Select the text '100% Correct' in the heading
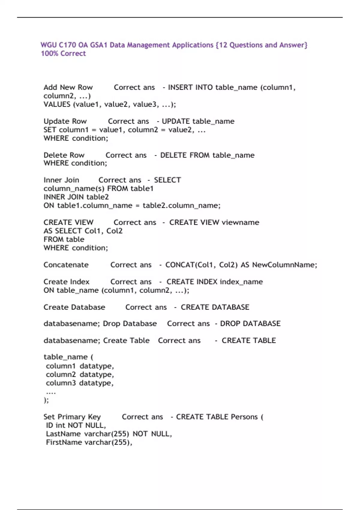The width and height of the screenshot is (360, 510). pos(63,53)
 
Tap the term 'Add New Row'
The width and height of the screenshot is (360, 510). pos(68,87)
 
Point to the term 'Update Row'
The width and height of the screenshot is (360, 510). pos(65,121)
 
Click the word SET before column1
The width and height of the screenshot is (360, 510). pos(50,130)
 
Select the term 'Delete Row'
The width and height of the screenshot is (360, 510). pos(64,155)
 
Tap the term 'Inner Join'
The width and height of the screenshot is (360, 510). pos(61,180)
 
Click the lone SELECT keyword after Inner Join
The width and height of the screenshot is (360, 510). pos(167,180)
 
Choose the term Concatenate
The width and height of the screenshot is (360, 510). pos(66,265)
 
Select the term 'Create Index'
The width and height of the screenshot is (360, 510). pos(66,282)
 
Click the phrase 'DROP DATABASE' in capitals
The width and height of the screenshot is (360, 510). pos(250,323)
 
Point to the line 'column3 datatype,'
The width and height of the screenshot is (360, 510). pos(79,383)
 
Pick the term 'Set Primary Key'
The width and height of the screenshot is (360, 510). pos(72,417)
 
